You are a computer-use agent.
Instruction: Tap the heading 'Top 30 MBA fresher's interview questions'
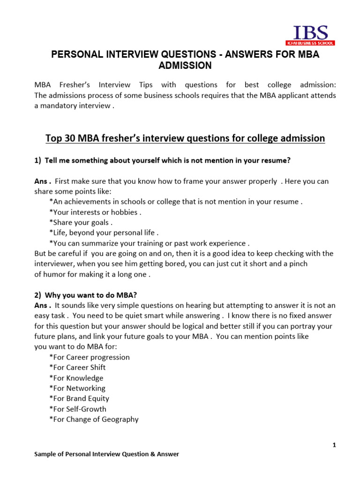[x=185, y=138]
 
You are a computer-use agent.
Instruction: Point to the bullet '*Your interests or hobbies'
[x=95, y=212]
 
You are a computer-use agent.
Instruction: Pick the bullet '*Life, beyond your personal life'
[x=104, y=232]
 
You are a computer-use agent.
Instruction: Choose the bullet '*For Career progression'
[x=89, y=357]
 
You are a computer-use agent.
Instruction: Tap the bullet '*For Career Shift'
[x=77, y=367]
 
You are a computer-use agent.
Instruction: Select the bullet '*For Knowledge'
[x=76, y=378]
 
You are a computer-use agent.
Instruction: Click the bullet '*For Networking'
[x=77, y=388]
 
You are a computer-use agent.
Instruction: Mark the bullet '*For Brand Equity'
[x=79, y=398]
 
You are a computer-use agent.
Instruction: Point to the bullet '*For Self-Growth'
[x=77, y=409]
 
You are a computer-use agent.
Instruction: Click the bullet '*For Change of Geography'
[x=93, y=419]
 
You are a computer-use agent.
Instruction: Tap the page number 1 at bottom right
[x=334, y=445]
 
